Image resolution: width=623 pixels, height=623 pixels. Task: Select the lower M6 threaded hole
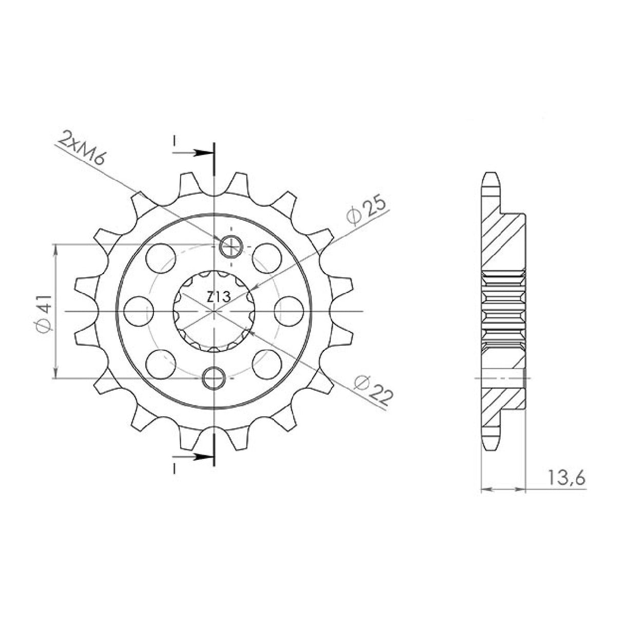click(213, 377)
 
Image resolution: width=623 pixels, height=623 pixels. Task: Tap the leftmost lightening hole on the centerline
click(139, 311)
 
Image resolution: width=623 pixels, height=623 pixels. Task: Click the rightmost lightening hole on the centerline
click(289, 311)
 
